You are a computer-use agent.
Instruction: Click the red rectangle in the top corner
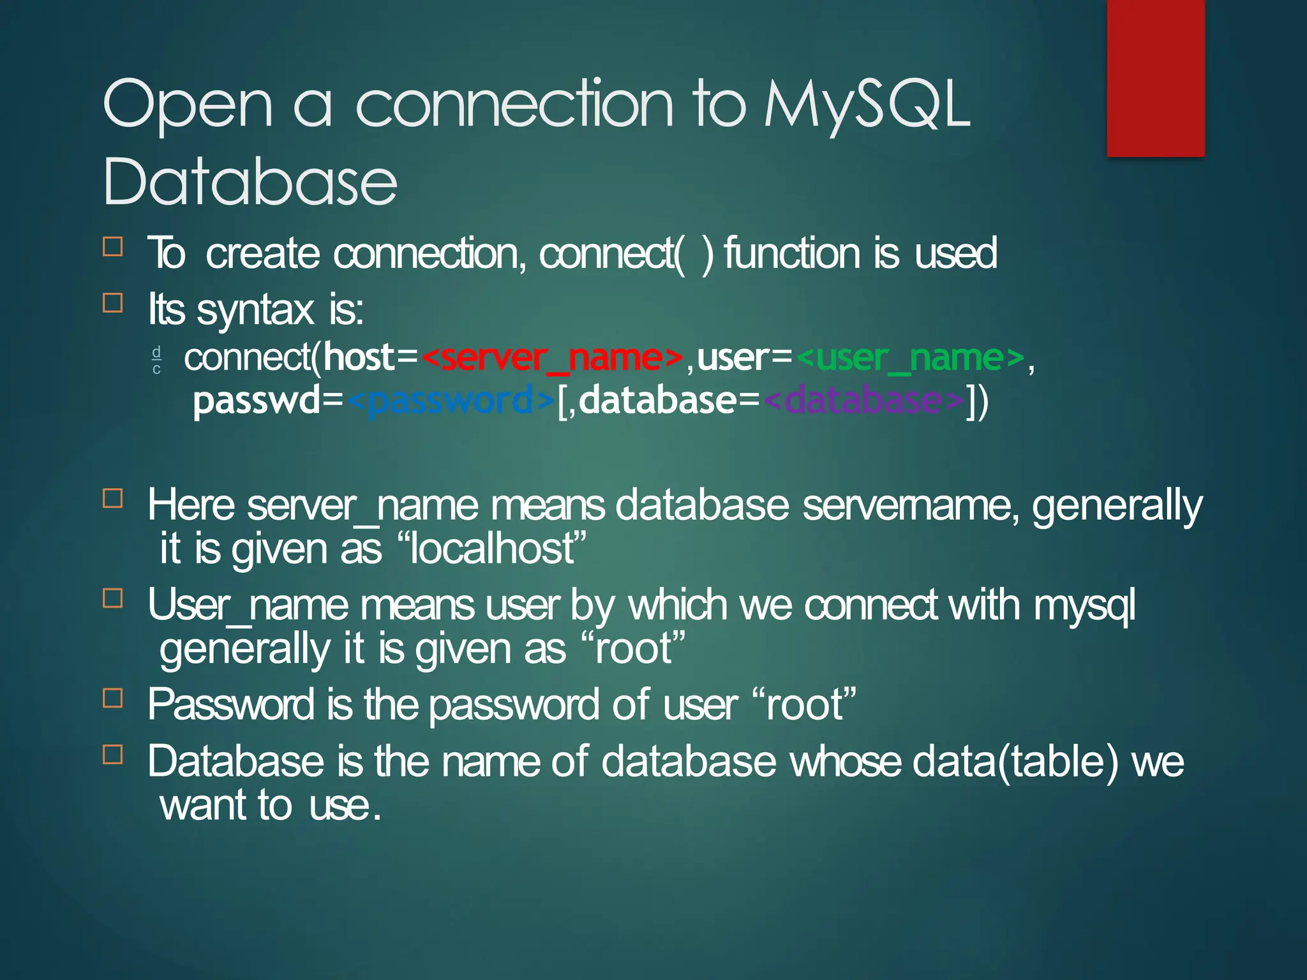pos(1155,78)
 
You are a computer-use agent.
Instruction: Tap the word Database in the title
pos(250,182)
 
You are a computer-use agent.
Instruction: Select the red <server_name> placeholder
pos(553,358)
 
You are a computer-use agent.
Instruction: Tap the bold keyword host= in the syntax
pos(370,358)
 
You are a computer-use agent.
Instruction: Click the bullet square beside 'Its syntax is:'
pos(113,302)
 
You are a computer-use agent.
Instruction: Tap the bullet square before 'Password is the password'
pos(113,698)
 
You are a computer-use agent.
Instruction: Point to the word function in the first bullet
pos(791,253)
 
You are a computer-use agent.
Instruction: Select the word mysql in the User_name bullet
pos(1084,606)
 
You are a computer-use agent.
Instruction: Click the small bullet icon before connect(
pos(156,360)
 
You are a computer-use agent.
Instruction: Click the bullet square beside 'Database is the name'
pos(113,754)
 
